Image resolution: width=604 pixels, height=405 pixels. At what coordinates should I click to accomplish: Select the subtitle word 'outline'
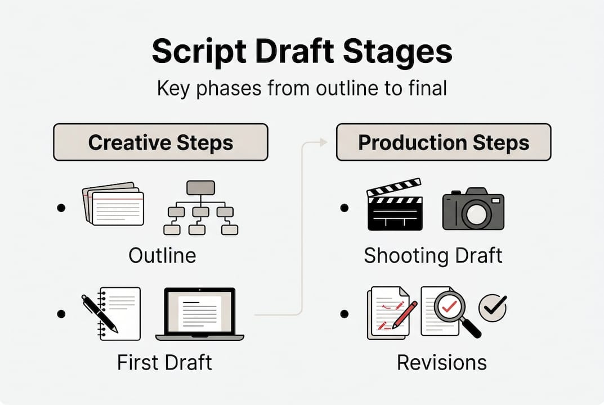(321, 89)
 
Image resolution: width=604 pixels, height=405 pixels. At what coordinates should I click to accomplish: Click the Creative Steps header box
(160, 142)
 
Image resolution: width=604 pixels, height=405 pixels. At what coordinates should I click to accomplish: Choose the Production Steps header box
(443, 142)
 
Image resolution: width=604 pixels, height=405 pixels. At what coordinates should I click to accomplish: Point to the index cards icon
(113, 204)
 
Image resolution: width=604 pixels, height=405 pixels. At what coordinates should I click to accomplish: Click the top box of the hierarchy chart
(200, 188)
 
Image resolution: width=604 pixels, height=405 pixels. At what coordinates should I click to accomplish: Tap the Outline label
(162, 255)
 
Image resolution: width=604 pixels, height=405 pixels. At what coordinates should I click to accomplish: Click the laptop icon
(200, 314)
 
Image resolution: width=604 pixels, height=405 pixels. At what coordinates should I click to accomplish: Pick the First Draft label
(164, 362)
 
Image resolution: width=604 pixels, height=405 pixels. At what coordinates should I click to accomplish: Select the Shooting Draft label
(433, 255)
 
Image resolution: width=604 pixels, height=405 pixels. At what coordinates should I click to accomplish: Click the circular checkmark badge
(493, 308)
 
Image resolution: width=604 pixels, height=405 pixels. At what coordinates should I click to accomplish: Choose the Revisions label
(441, 362)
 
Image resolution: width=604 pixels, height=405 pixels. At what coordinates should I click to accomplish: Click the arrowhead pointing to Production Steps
(323, 143)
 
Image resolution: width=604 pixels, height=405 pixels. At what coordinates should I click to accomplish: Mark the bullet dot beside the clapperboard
(344, 209)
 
